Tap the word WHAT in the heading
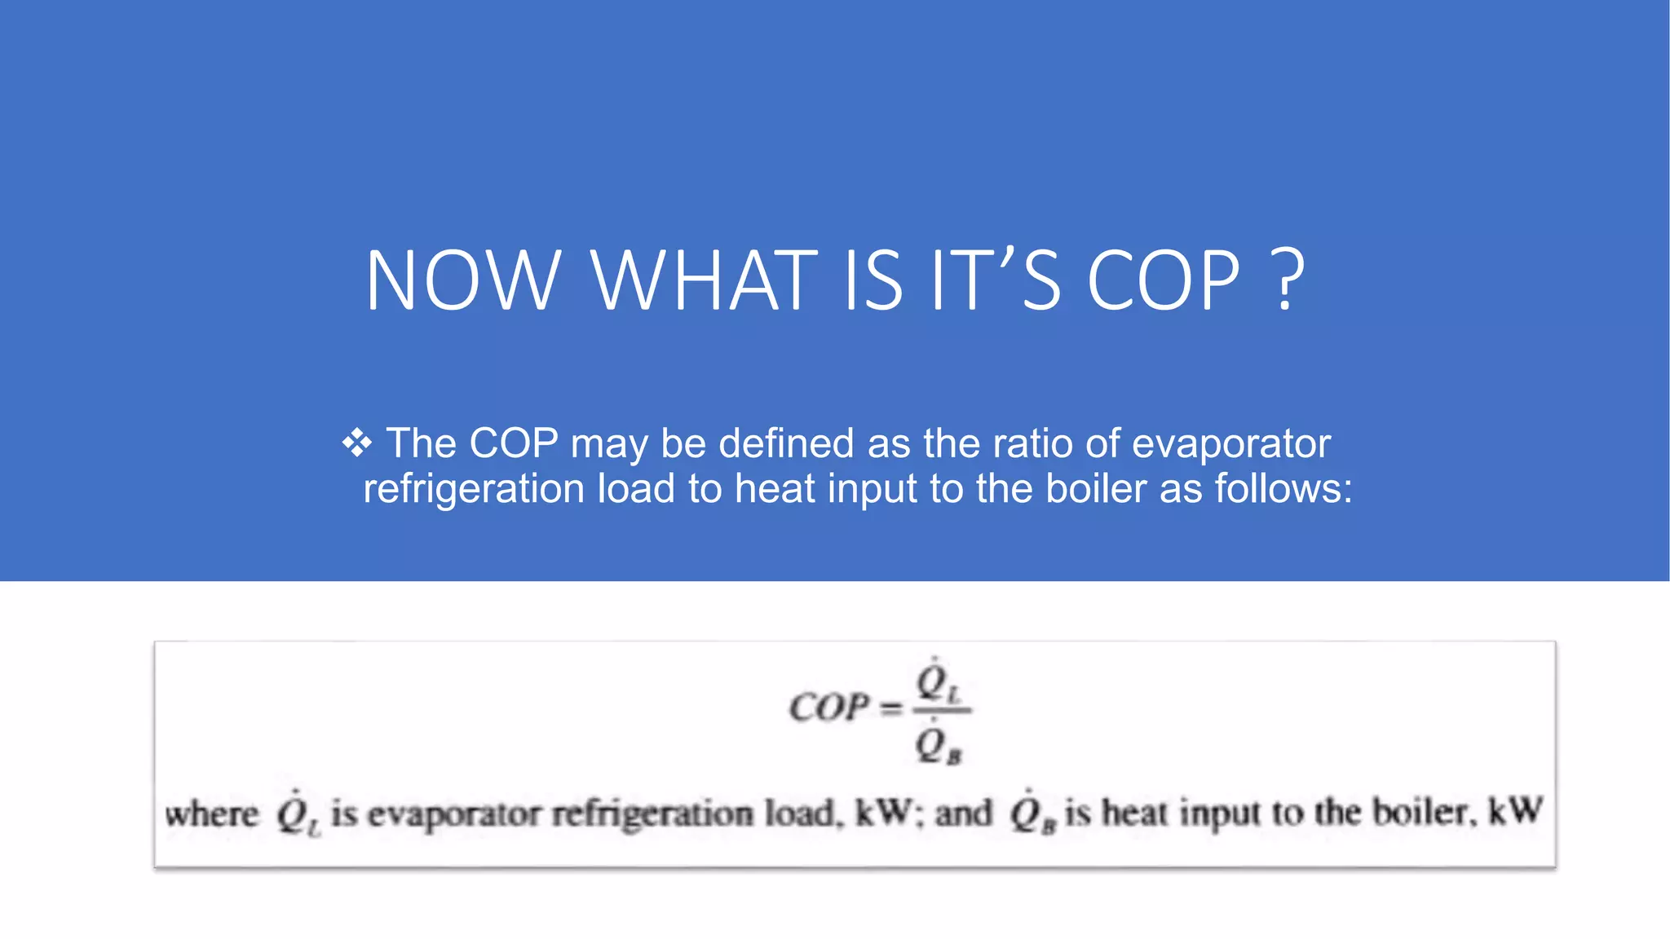point(704,281)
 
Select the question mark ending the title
point(1287,281)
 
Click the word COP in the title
point(1164,281)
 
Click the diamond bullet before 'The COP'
point(356,443)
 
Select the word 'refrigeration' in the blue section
point(474,489)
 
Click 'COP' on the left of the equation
point(828,707)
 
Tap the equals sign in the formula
point(892,708)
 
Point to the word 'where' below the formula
point(211,813)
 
